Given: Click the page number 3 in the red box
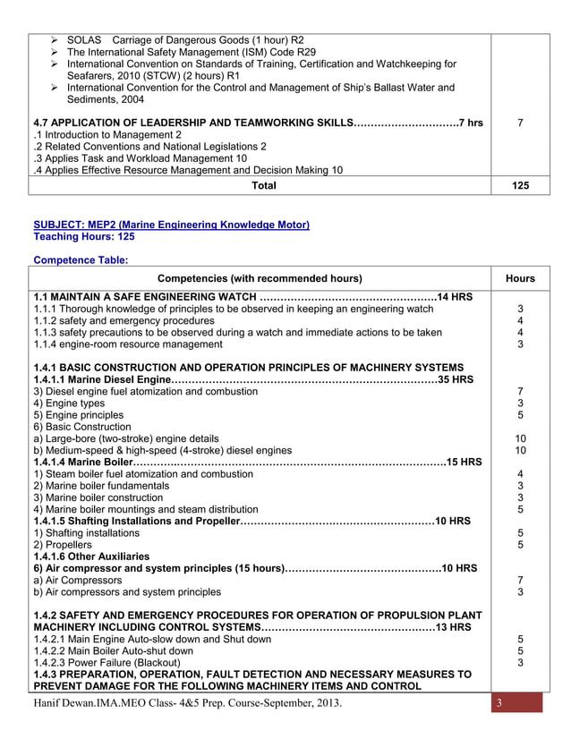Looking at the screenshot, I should click(501, 702).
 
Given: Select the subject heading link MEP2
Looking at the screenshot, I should click(171, 225).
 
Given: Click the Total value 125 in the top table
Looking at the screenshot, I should click(520, 186).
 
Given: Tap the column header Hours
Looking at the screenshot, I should click(520, 278).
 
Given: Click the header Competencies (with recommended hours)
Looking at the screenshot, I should click(260, 278).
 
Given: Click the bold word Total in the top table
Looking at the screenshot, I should click(264, 186).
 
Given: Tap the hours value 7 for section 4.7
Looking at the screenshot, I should click(520, 123).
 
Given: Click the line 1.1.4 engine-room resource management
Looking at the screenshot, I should click(128, 344).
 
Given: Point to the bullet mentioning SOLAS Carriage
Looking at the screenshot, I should click(185, 40).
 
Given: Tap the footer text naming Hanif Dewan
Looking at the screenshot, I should click(187, 703).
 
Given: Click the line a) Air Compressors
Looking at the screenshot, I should click(77, 580).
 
